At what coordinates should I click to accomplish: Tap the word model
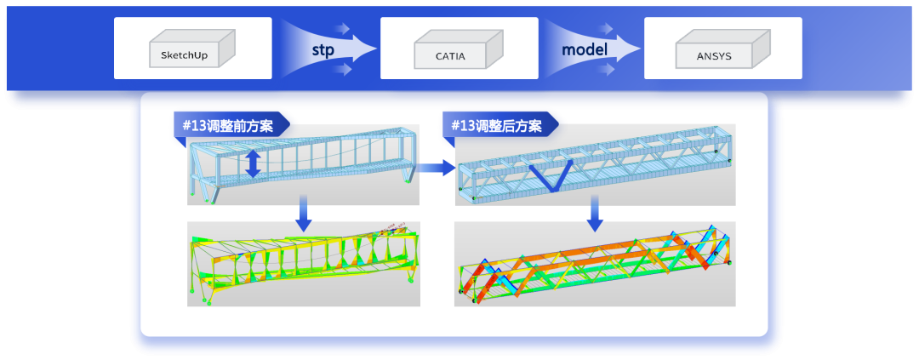pyautogui.click(x=584, y=49)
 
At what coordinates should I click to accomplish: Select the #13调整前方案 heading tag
pyautogui.click(x=230, y=125)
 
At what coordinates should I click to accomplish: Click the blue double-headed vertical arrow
pyautogui.click(x=253, y=164)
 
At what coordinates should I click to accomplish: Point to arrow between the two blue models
pyautogui.click(x=436, y=169)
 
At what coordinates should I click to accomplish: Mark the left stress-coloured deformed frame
pyautogui.click(x=303, y=264)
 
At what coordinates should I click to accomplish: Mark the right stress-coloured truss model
pyautogui.click(x=595, y=265)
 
